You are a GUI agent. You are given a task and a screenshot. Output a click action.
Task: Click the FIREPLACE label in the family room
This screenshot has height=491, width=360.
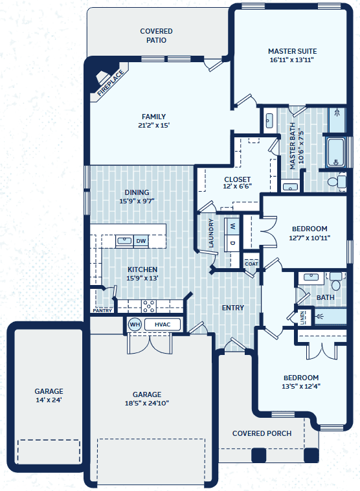[x=111, y=84]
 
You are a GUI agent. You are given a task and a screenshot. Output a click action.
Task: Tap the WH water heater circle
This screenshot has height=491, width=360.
[x=135, y=325]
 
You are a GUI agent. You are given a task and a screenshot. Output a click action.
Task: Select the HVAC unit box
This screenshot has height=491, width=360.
[x=163, y=325]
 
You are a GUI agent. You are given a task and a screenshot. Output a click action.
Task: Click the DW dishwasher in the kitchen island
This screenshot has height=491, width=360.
[x=141, y=241]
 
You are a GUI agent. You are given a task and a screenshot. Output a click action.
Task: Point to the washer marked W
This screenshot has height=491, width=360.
[x=232, y=226]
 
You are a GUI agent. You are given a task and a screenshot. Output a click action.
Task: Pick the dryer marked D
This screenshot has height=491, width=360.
[x=232, y=243]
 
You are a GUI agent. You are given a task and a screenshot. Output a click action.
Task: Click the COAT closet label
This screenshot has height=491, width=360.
[x=251, y=264]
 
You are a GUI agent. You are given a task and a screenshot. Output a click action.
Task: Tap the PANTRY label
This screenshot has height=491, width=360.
[x=102, y=311]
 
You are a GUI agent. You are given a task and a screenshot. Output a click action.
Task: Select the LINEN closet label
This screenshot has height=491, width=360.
[x=302, y=317]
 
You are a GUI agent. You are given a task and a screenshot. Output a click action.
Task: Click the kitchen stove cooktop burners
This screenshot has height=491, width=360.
[x=149, y=306]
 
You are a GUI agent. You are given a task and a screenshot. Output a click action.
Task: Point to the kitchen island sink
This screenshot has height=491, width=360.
[x=124, y=241]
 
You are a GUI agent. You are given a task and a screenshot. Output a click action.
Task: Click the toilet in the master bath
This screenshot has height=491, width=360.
[x=337, y=181]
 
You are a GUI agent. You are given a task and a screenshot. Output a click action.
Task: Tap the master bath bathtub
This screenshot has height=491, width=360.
[x=335, y=153]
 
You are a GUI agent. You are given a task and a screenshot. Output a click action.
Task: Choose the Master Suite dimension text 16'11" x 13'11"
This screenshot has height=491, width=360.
[x=292, y=60]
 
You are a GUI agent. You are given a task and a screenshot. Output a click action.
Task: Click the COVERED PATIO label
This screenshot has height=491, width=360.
[x=156, y=36]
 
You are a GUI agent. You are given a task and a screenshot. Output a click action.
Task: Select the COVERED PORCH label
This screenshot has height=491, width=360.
[x=262, y=433]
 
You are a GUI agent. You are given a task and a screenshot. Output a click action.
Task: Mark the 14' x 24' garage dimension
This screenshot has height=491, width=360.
[x=49, y=400]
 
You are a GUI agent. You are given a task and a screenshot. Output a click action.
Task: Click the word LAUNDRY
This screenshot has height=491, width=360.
[x=211, y=233]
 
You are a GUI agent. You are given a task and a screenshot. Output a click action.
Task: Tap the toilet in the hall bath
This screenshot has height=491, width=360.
[x=336, y=280]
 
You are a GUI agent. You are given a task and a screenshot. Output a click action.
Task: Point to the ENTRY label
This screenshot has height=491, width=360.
[x=232, y=308]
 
